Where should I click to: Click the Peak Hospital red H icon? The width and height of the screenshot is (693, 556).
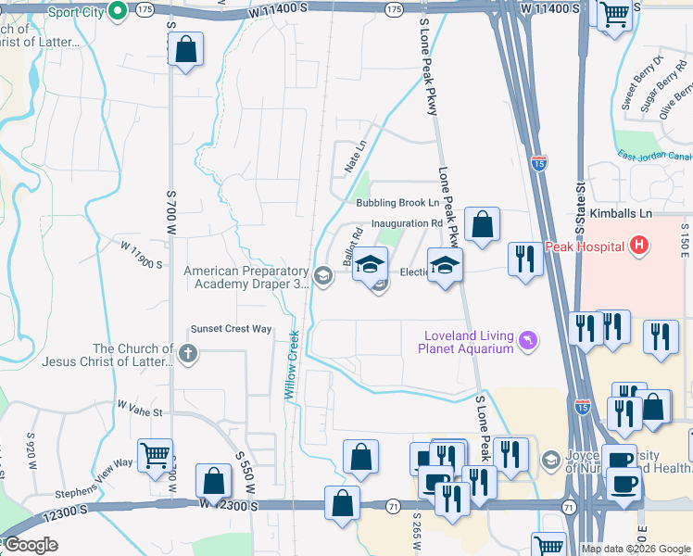click(637, 246)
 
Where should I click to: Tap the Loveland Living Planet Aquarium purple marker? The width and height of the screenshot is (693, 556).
click(528, 342)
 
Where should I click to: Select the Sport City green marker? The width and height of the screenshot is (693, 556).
click(118, 11)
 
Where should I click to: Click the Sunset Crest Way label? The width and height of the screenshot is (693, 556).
click(231, 329)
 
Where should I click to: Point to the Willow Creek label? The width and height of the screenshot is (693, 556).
click(292, 365)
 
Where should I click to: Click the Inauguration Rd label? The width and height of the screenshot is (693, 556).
click(407, 223)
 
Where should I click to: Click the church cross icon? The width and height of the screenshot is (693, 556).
click(187, 352)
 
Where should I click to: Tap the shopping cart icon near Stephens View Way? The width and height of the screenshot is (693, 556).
click(155, 454)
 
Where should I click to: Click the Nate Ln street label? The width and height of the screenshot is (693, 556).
click(356, 157)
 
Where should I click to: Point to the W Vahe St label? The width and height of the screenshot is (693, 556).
click(140, 407)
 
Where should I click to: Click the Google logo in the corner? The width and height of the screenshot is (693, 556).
click(31, 545)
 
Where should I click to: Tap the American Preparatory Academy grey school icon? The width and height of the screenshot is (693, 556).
click(323, 275)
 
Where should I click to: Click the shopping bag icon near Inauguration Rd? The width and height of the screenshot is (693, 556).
click(482, 225)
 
